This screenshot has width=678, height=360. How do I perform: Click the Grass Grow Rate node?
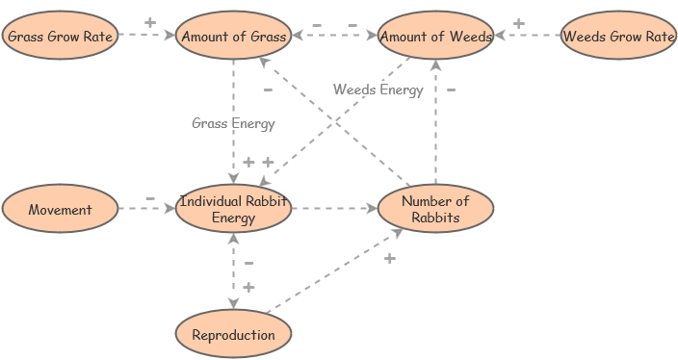click(60, 37)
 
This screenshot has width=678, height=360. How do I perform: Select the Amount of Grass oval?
click(233, 37)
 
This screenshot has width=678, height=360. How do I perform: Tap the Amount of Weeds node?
click(435, 37)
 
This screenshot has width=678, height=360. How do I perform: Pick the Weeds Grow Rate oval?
click(618, 37)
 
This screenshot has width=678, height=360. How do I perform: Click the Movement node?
click(60, 210)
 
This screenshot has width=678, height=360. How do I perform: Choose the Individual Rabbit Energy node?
click(233, 210)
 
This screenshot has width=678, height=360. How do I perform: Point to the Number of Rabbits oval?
click(435, 209)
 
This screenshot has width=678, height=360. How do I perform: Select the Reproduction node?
click(233, 335)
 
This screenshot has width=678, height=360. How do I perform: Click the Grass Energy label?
click(233, 123)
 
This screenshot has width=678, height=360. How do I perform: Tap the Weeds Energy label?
click(378, 90)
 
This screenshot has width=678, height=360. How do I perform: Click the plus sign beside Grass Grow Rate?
click(149, 22)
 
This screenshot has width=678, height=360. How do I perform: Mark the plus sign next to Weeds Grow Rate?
click(518, 23)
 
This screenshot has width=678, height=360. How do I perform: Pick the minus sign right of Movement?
click(150, 198)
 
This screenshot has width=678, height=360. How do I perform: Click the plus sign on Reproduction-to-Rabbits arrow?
click(389, 258)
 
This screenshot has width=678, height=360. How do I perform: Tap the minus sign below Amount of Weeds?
click(451, 90)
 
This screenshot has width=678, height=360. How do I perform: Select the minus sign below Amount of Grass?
click(268, 90)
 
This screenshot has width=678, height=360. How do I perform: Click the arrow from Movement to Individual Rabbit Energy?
click(146, 208)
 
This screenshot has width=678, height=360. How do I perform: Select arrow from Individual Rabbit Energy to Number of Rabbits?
click(334, 208)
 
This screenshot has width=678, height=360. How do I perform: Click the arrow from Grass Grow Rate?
click(146, 36)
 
